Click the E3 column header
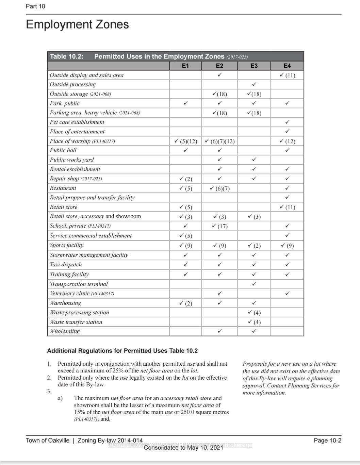coord(254,66)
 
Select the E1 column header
coord(185,66)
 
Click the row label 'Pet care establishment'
coord(77,122)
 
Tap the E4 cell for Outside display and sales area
coord(287,75)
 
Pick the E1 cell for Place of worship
coord(185,141)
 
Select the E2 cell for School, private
coord(219,226)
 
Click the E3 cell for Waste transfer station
coord(254,322)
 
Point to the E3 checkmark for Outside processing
coord(254,84)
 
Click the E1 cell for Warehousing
coord(185,303)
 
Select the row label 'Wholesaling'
coord(65,331)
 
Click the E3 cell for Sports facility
coord(254,246)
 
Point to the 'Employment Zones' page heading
coord(77,24)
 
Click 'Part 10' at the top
coord(35,6)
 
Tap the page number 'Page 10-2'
coord(327,441)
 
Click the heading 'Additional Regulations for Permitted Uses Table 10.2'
coord(122,351)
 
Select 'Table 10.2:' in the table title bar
coord(67,56)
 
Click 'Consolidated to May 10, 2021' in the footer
coord(183,448)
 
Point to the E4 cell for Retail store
coord(287,207)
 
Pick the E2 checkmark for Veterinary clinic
coord(220,293)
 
